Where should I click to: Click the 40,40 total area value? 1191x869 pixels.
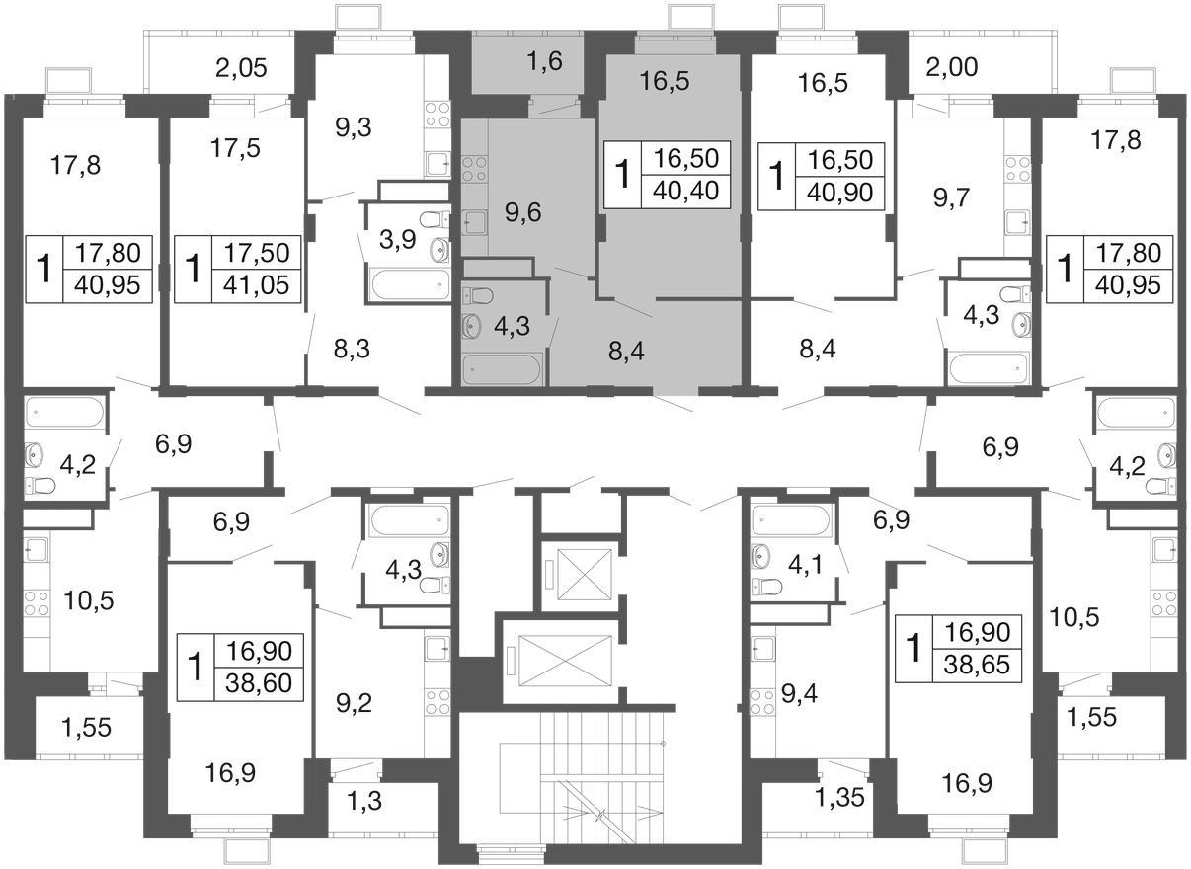click(686, 191)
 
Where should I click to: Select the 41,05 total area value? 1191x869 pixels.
click(256, 285)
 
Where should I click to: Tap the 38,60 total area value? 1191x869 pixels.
click(259, 683)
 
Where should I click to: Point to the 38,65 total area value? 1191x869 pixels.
click(977, 665)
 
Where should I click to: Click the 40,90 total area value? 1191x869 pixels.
click(840, 193)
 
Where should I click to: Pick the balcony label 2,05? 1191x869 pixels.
click(241, 68)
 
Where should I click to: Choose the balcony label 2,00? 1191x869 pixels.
click(952, 67)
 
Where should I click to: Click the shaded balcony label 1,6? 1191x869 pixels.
click(545, 61)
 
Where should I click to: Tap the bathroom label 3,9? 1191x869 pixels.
click(398, 240)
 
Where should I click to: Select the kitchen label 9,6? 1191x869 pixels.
click(523, 212)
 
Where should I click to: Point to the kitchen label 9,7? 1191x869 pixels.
click(952, 198)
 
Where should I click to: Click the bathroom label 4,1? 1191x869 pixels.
click(805, 565)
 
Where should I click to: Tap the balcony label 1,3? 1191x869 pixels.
click(364, 801)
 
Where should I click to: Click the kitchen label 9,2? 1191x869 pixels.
click(355, 704)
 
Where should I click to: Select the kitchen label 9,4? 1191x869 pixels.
click(799, 694)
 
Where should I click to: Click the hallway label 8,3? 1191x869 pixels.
click(352, 350)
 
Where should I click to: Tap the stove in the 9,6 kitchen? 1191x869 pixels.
click(475, 169)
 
